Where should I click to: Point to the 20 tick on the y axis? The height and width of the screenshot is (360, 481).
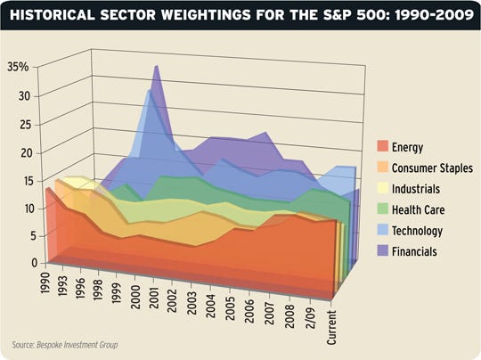22,152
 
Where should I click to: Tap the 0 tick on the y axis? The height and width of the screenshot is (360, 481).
27,263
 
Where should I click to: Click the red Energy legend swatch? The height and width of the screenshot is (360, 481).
382,147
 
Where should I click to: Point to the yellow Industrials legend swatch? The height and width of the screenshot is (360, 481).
382,189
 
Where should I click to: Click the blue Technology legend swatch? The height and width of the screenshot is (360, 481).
382,232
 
